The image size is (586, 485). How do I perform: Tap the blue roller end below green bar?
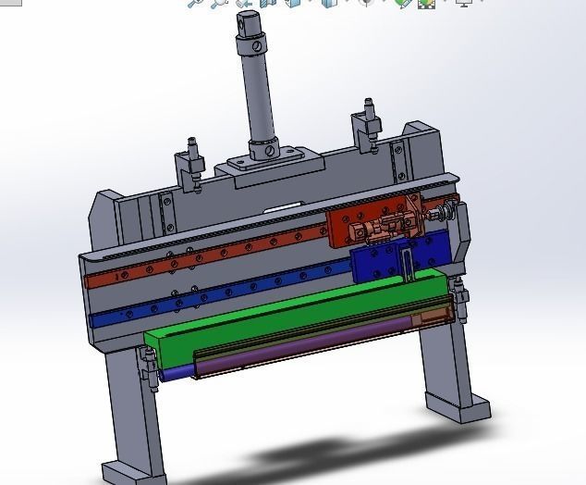tap(176, 375)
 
